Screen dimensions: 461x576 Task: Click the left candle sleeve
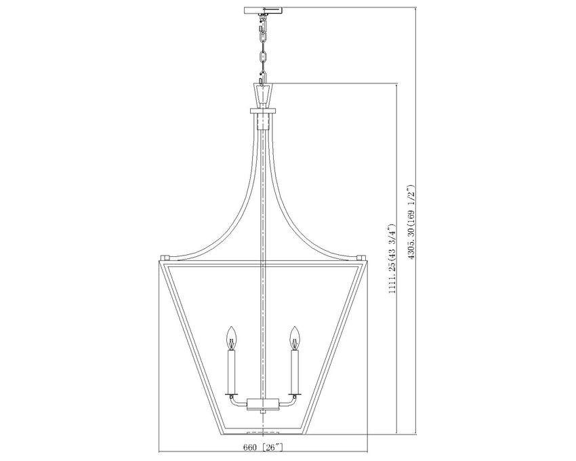(232, 370)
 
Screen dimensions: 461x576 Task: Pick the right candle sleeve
(294, 370)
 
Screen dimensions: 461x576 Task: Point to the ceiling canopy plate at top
(264, 9)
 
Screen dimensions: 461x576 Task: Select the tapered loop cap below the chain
(263, 91)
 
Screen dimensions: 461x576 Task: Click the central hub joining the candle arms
(263, 404)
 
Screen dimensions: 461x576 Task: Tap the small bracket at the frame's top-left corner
(163, 258)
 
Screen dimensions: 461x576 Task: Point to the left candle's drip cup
(232, 394)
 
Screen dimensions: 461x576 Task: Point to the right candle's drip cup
(294, 394)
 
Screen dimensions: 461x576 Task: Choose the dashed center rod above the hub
(263, 271)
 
